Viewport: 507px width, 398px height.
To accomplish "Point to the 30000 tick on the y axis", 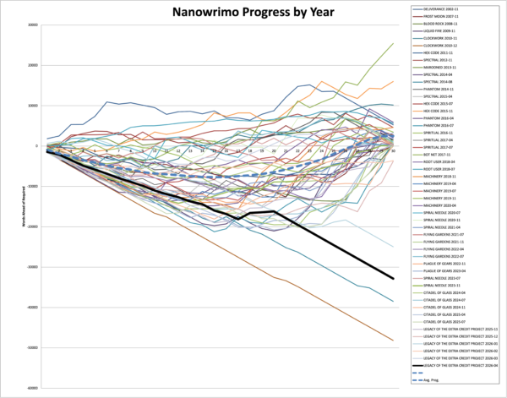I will point(32,25).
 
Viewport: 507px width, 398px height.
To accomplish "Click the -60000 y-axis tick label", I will point(30,388).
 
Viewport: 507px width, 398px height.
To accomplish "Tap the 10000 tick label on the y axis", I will point(32,106).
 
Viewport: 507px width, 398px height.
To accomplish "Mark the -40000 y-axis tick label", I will point(30,308).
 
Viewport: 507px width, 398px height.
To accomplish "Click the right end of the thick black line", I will point(394,279).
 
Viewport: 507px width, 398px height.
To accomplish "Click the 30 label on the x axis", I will point(394,150).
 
